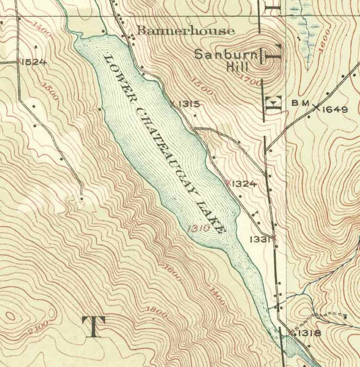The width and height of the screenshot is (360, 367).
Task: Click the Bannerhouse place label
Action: coord(186,31)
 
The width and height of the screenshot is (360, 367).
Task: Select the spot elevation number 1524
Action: coord(34,62)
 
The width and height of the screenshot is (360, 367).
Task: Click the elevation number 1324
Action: coord(244,184)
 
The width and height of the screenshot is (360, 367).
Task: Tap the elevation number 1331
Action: coord(260,238)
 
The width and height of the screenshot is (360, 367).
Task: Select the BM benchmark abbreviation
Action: coord(300,104)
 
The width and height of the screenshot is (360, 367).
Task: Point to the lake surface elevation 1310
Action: coord(198,229)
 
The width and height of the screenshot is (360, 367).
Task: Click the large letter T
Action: coord(93,327)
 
